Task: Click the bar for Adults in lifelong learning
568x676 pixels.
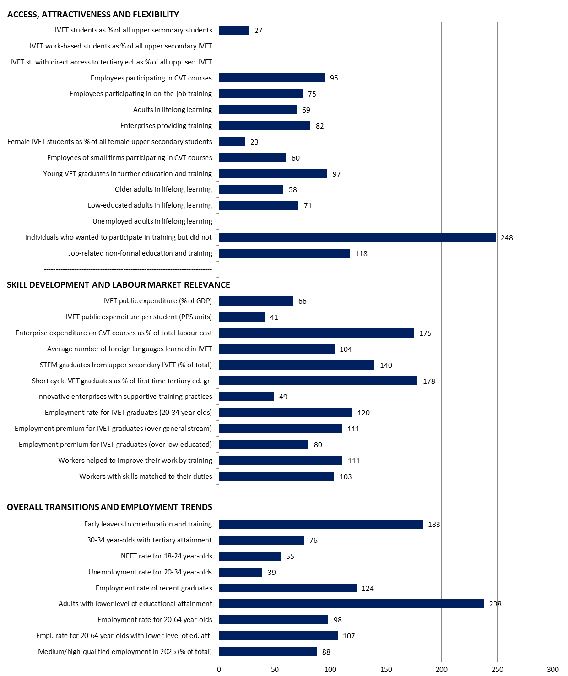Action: tap(258, 110)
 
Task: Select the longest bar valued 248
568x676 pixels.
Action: tap(357, 237)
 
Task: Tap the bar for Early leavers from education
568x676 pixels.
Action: tap(321, 524)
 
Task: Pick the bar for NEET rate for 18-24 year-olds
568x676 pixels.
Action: tap(249, 556)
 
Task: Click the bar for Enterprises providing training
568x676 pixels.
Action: tap(265, 126)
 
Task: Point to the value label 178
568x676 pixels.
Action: tap(429, 381)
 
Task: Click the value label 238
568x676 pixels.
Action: tap(495, 604)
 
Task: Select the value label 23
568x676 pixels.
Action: tap(254, 142)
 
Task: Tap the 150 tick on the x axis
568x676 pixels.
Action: tap(386, 670)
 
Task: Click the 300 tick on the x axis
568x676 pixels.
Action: tap(553, 670)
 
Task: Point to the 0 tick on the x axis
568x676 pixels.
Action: tap(219, 670)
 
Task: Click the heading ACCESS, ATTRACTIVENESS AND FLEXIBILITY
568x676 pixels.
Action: tap(93, 15)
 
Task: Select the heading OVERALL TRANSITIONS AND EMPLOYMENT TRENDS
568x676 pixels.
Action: tap(109, 507)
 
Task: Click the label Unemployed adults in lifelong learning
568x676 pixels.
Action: tap(152, 221)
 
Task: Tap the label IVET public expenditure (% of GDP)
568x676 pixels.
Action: tap(157, 301)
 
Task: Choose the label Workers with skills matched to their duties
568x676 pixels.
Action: tap(146, 477)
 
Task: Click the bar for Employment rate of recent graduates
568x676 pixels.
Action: tap(288, 588)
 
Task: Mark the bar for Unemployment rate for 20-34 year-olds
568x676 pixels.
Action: tap(240, 572)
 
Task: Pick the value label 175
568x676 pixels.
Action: tap(425, 333)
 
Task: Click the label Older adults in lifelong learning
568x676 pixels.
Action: tap(163, 189)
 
